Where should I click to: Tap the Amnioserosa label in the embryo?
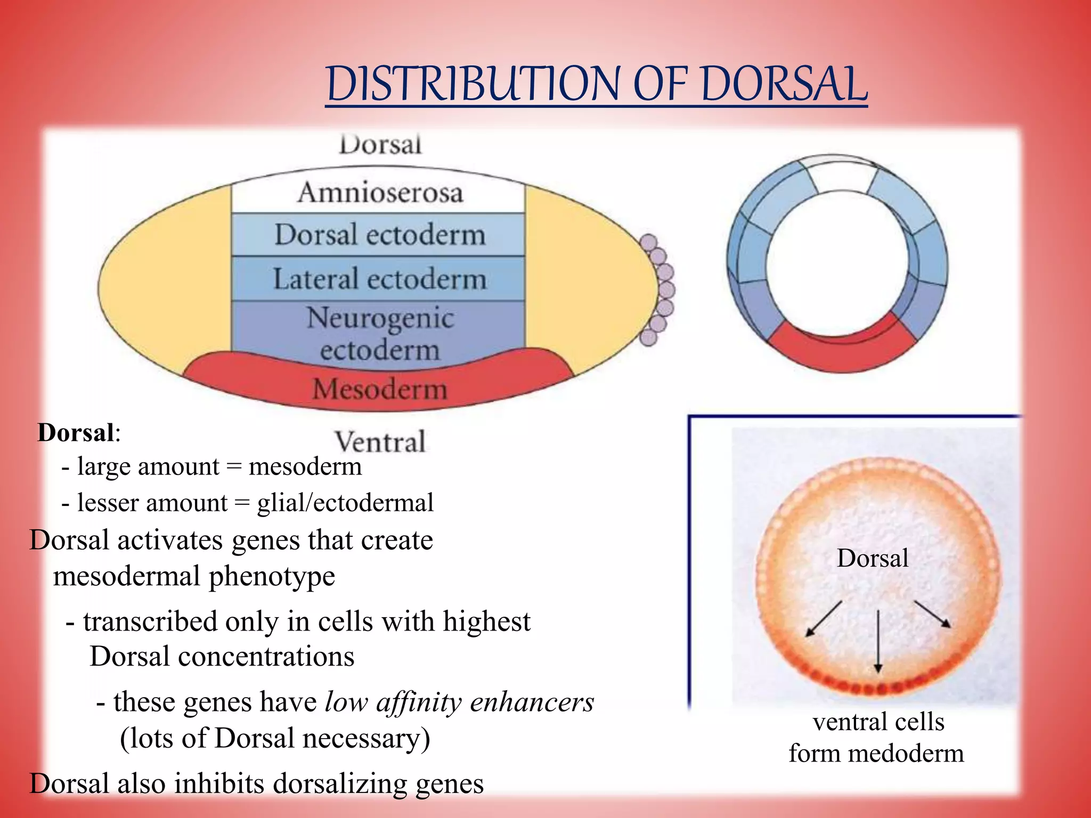pos(380,192)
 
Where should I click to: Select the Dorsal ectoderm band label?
pos(380,235)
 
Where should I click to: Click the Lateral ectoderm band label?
pos(380,279)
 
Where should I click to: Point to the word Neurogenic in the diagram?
pos(380,318)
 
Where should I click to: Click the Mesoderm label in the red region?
pos(379,389)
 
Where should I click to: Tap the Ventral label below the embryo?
pos(380,442)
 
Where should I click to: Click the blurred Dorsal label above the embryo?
pos(380,144)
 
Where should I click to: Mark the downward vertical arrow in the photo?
pos(878,642)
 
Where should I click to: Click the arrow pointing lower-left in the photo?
pos(823,619)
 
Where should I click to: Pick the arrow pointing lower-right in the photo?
pos(932,614)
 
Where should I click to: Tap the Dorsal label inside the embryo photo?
pos(872,558)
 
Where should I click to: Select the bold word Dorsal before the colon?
pos(76,432)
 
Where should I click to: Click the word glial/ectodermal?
pos(345,503)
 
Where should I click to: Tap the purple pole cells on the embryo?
pos(660,290)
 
